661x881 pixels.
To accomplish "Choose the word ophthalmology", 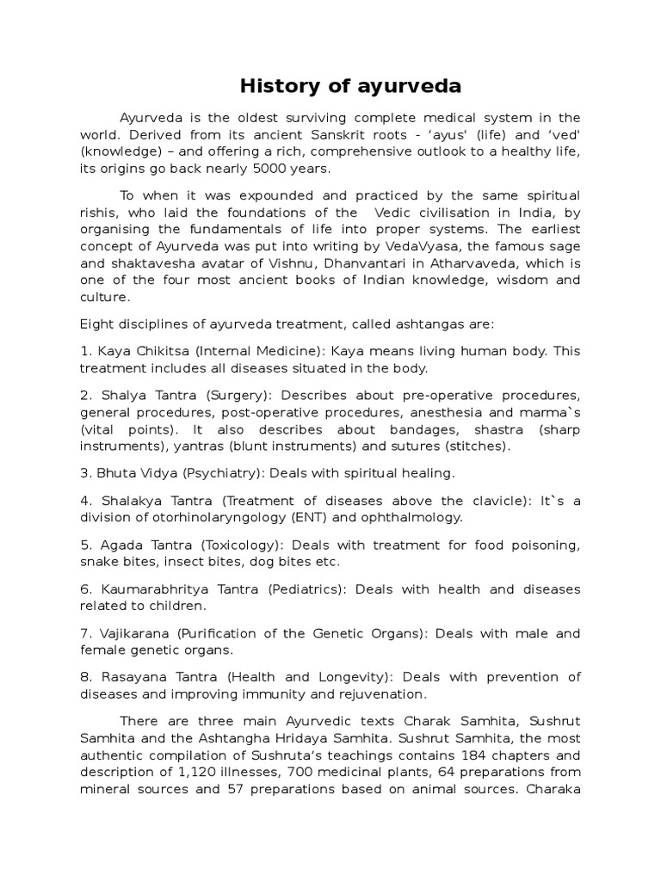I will [413, 517].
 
